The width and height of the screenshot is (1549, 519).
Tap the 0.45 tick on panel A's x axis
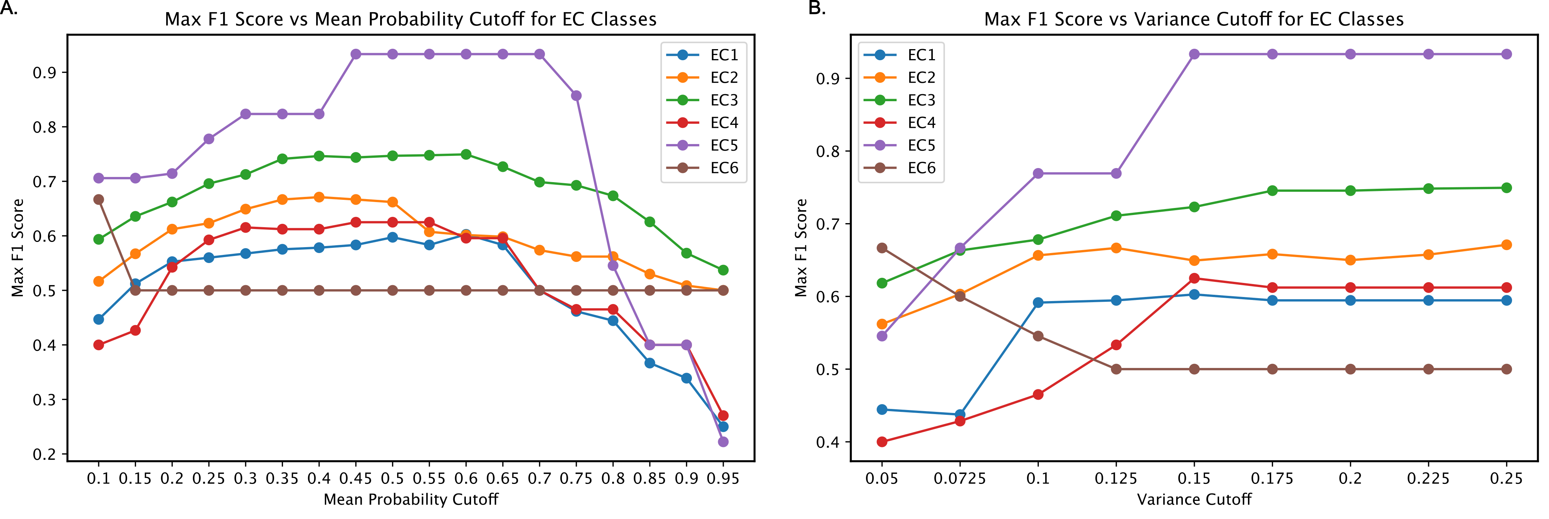pos(355,479)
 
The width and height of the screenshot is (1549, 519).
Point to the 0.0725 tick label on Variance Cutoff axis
pos(960,479)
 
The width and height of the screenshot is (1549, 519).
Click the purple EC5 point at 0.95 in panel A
pos(723,442)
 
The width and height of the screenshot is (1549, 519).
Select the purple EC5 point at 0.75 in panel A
pos(576,96)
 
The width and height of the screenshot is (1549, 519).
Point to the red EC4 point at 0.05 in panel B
pos(882,442)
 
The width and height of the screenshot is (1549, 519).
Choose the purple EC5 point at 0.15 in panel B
pos(1194,54)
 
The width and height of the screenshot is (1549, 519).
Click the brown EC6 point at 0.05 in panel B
pos(882,248)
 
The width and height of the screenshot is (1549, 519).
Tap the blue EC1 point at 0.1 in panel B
pos(1038,303)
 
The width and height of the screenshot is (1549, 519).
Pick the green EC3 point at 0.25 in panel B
pos(1506,188)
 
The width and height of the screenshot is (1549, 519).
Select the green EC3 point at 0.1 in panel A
pos(99,239)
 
